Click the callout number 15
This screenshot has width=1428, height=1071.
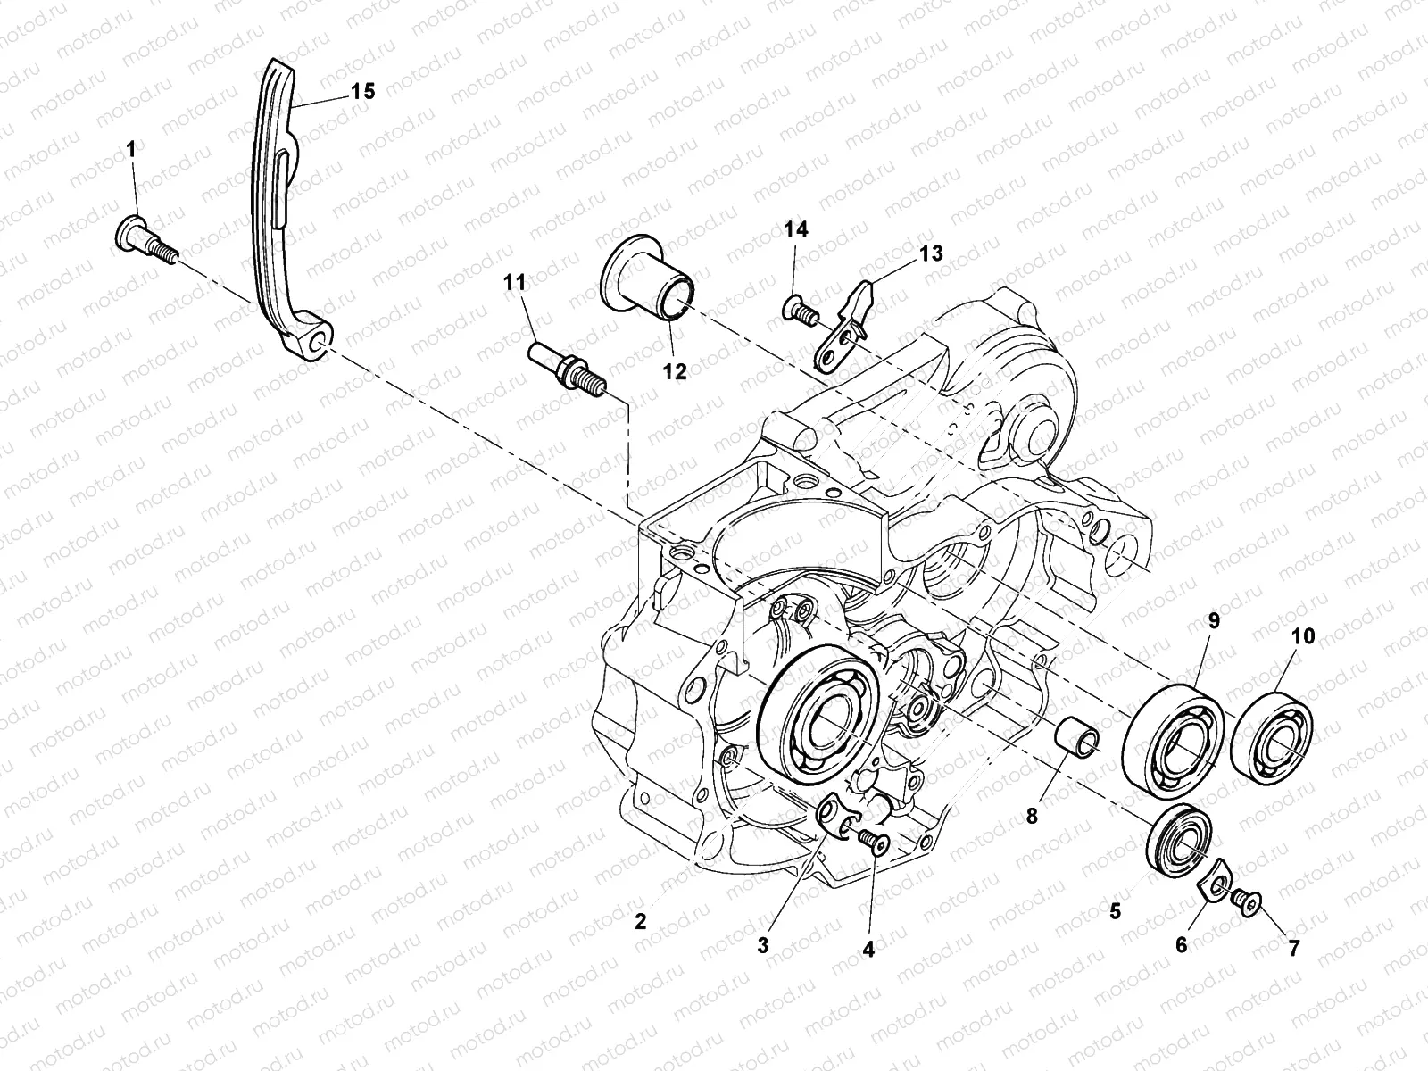click(362, 90)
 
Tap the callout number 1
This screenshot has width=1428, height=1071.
click(131, 151)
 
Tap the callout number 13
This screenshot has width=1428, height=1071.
click(931, 253)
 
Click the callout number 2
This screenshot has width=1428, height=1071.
click(640, 922)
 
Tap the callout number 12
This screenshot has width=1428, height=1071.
click(675, 372)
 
